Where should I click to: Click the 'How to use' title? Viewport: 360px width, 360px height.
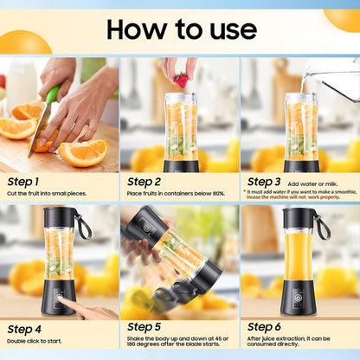click(x=181, y=29)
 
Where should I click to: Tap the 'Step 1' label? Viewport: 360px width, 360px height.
click(x=23, y=181)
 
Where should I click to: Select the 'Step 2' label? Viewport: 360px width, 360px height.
click(x=144, y=181)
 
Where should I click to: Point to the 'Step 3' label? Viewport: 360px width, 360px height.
click(x=264, y=181)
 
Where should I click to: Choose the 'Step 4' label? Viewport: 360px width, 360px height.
click(x=23, y=329)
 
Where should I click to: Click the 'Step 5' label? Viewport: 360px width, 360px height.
click(x=144, y=326)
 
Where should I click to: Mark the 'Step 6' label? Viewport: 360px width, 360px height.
click(x=264, y=327)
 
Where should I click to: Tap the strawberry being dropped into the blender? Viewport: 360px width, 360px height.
click(x=180, y=80)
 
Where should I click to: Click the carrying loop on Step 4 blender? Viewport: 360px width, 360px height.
click(x=84, y=227)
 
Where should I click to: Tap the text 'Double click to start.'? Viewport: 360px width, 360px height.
click(x=35, y=341)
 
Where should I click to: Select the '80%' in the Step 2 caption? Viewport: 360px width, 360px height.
click(x=218, y=193)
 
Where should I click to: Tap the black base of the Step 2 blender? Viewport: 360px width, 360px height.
click(x=181, y=165)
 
